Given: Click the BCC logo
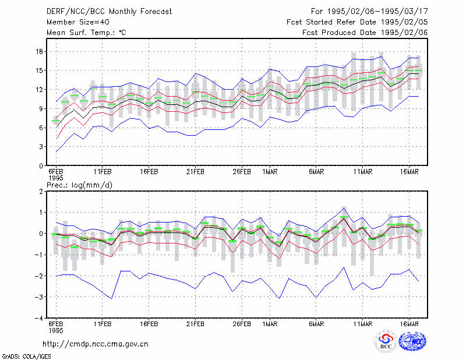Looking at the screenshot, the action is point(386,341).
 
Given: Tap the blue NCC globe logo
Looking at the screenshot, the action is point(412,341).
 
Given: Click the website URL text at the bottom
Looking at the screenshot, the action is point(96,344).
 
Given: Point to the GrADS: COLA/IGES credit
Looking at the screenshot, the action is point(27,357).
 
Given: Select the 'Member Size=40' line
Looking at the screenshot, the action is point(78,22).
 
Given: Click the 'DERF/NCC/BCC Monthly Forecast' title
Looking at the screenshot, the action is point(109,12).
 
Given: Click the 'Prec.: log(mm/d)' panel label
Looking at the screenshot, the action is point(79,185).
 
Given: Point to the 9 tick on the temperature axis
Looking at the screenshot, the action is point(41,109).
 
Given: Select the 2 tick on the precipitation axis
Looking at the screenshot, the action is point(41,192).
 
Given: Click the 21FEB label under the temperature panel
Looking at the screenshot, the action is point(195,172).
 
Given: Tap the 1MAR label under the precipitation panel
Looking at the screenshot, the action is point(270,324).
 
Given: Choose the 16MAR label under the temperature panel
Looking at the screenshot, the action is point(409,172).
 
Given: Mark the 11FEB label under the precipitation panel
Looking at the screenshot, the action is point(103,324).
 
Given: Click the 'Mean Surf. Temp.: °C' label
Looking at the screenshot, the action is point(86,33).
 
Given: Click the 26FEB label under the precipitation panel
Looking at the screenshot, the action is point(242,324).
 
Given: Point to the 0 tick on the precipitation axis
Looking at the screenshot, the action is point(41,234).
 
